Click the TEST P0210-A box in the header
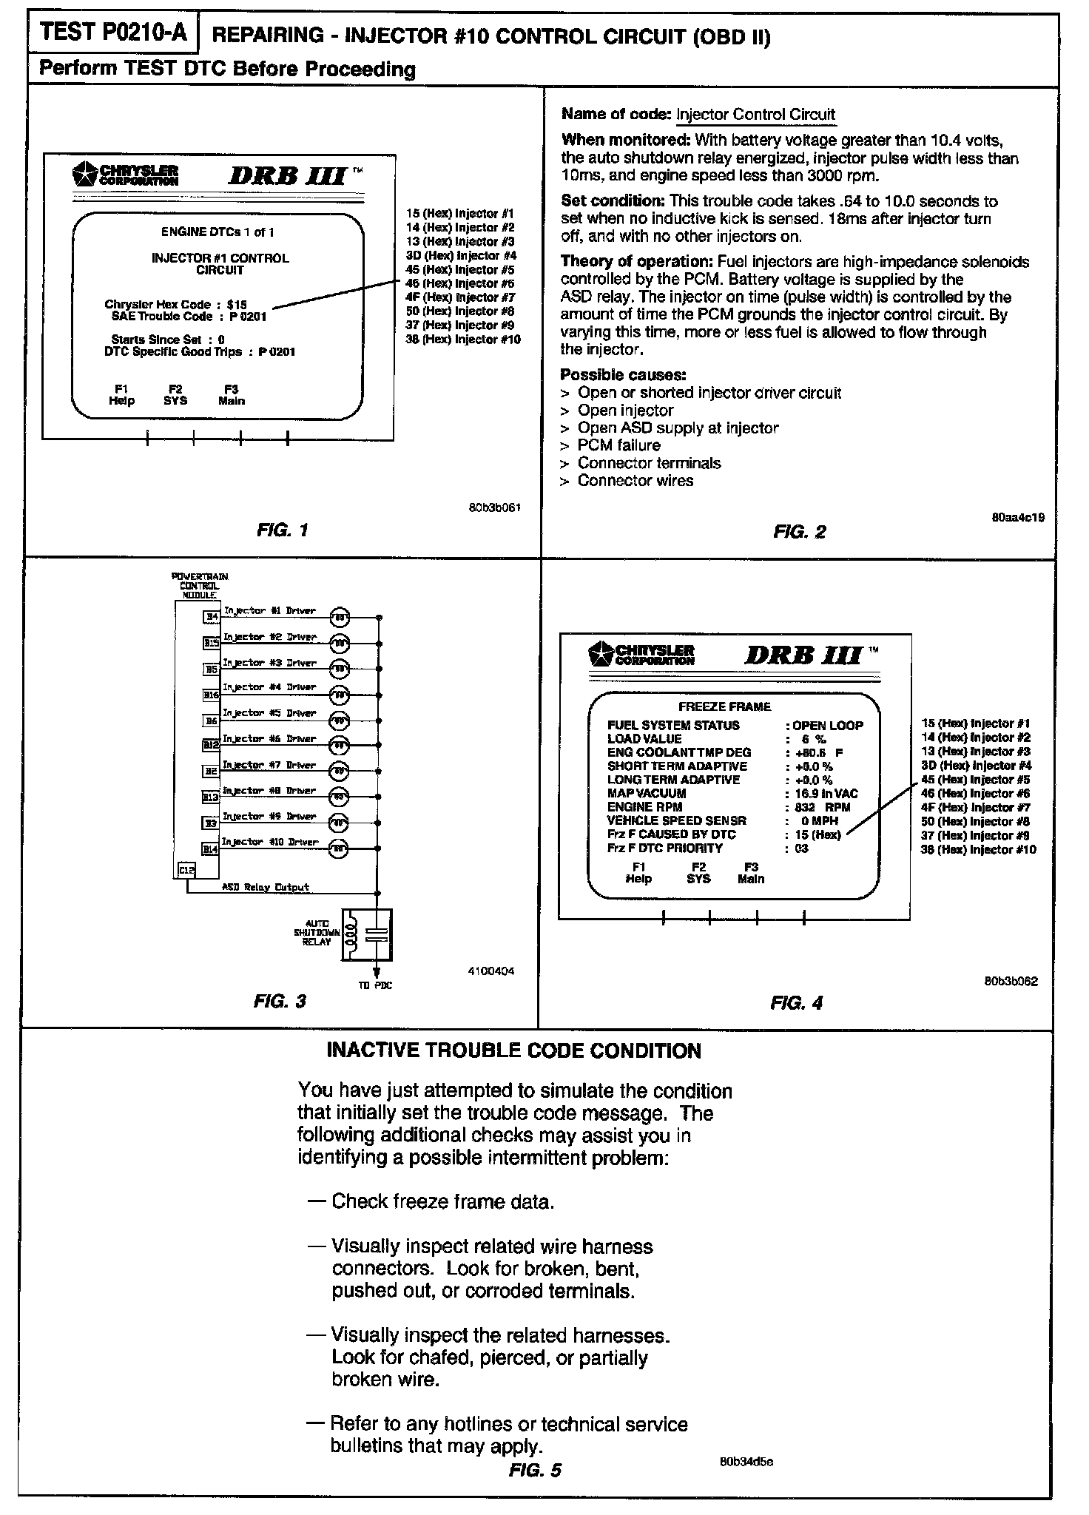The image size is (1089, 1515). pyautogui.click(x=112, y=33)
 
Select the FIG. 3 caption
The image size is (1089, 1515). pyautogui.click(x=279, y=1002)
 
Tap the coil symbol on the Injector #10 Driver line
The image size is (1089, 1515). pyautogui.click(x=338, y=848)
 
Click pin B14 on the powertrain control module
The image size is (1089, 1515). pyautogui.click(x=211, y=849)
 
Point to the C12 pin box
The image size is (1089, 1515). pyautogui.click(x=186, y=871)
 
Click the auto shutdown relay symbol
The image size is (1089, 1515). pyautogui.click(x=366, y=935)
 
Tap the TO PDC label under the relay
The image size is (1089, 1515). pyautogui.click(x=380, y=985)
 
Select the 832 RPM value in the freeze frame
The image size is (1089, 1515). pyautogui.click(x=822, y=807)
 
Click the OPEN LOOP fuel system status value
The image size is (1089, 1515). pyautogui.click(x=828, y=726)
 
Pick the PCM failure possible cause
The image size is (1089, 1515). pyautogui.click(x=618, y=445)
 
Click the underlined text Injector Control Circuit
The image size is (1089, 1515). pyautogui.click(x=755, y=115)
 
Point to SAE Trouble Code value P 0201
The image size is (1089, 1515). pyautogui.click(x=248, y=317)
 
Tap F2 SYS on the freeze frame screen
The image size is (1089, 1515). pyautogui.click(x=698, y=873)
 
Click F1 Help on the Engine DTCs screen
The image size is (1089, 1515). pyautogui.click(x=121, y=395)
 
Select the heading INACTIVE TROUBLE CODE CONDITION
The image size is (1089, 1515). pyautogui.click(x=513, y=1051)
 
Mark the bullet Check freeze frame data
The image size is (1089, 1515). pyautogui.click(x=442, y=1201)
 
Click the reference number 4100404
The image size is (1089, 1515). pyautogui.click(x=491, y=971)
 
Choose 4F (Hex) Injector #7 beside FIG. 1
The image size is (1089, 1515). pyautogui.click(x=460, y=297)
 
